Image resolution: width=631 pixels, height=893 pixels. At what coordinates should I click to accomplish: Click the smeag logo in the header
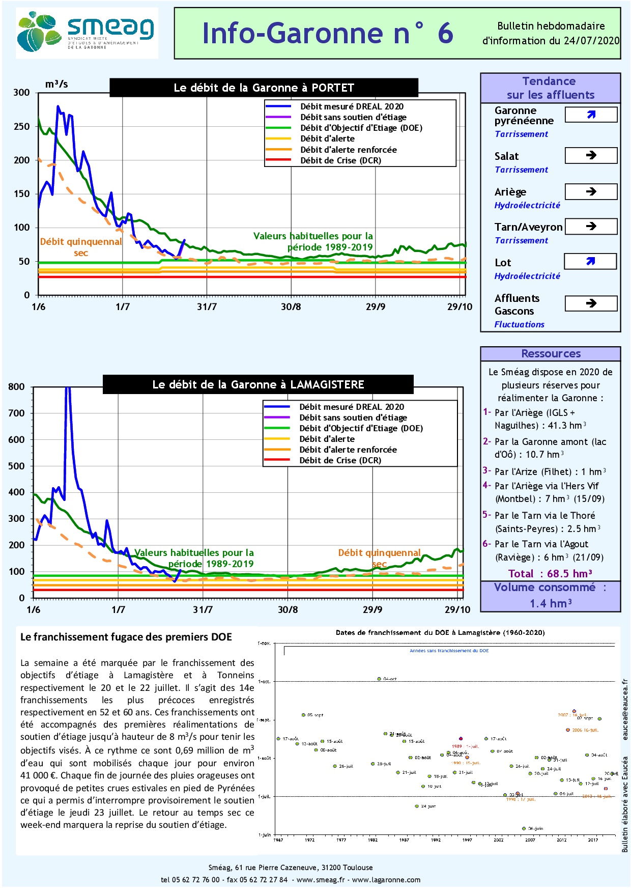click(x=87, y=33)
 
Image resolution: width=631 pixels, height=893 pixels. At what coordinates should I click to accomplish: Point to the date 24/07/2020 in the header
click(x=591, y=41)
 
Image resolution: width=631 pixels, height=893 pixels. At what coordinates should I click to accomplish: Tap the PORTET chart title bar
click(x=264, y=88)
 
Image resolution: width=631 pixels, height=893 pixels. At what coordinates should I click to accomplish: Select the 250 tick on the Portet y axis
click(x=22, y=126)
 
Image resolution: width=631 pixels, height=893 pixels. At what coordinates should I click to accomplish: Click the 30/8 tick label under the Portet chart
click(x=291, y=306)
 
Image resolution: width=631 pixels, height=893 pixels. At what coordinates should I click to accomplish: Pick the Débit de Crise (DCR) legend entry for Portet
click(x=340, y=160)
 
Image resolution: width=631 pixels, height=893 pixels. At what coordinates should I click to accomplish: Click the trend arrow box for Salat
click(x=591, y=155)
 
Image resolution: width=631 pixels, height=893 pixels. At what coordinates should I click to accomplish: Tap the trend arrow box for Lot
click(x=590, y=261)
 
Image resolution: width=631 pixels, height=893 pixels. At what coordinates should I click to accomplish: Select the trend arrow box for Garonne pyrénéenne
click(x=591, y=115)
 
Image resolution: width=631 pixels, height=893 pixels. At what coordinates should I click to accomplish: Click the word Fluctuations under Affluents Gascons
click(x=519, y=324)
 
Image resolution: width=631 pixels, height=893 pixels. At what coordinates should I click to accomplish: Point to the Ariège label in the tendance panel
click(x=510, y=192)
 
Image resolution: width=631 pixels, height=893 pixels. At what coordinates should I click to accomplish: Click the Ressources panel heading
click(x=551, y=353)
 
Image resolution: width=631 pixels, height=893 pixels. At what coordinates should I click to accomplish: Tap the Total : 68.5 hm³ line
click(x=550, y=574)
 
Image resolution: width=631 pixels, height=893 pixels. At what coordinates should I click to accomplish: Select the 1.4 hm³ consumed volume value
click(x=551, y=603)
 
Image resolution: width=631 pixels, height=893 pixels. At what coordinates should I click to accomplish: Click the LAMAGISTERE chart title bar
click(x=258, y=384)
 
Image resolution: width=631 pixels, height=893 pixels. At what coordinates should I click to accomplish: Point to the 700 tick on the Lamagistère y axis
click(x=16, y=413)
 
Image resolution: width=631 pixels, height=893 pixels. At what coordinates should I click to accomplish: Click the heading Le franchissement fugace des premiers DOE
click(x=126, y=637)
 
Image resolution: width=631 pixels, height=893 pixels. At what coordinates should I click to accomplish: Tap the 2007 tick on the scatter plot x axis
click(x=530, y=840)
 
